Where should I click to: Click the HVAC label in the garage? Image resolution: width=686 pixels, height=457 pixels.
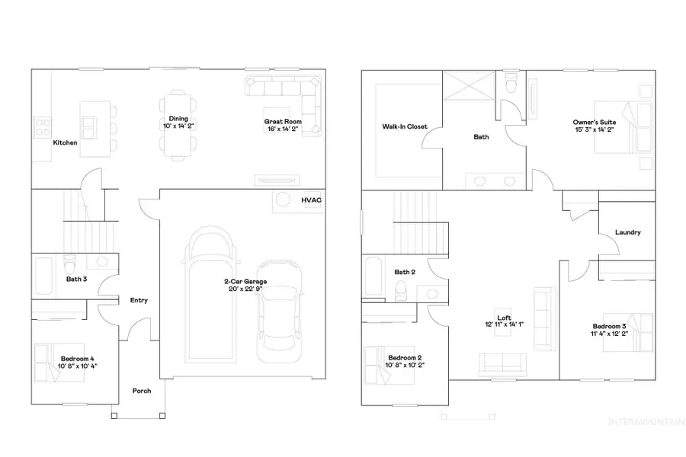310,200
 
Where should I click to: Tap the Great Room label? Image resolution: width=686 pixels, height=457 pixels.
283,121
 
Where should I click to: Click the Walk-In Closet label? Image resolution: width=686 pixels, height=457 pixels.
405,126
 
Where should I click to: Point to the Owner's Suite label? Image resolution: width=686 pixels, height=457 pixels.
595,122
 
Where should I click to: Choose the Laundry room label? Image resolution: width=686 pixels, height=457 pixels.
628,232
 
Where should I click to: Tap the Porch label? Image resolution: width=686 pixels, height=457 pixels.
142,391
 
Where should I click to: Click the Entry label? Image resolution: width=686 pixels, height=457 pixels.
139,300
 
